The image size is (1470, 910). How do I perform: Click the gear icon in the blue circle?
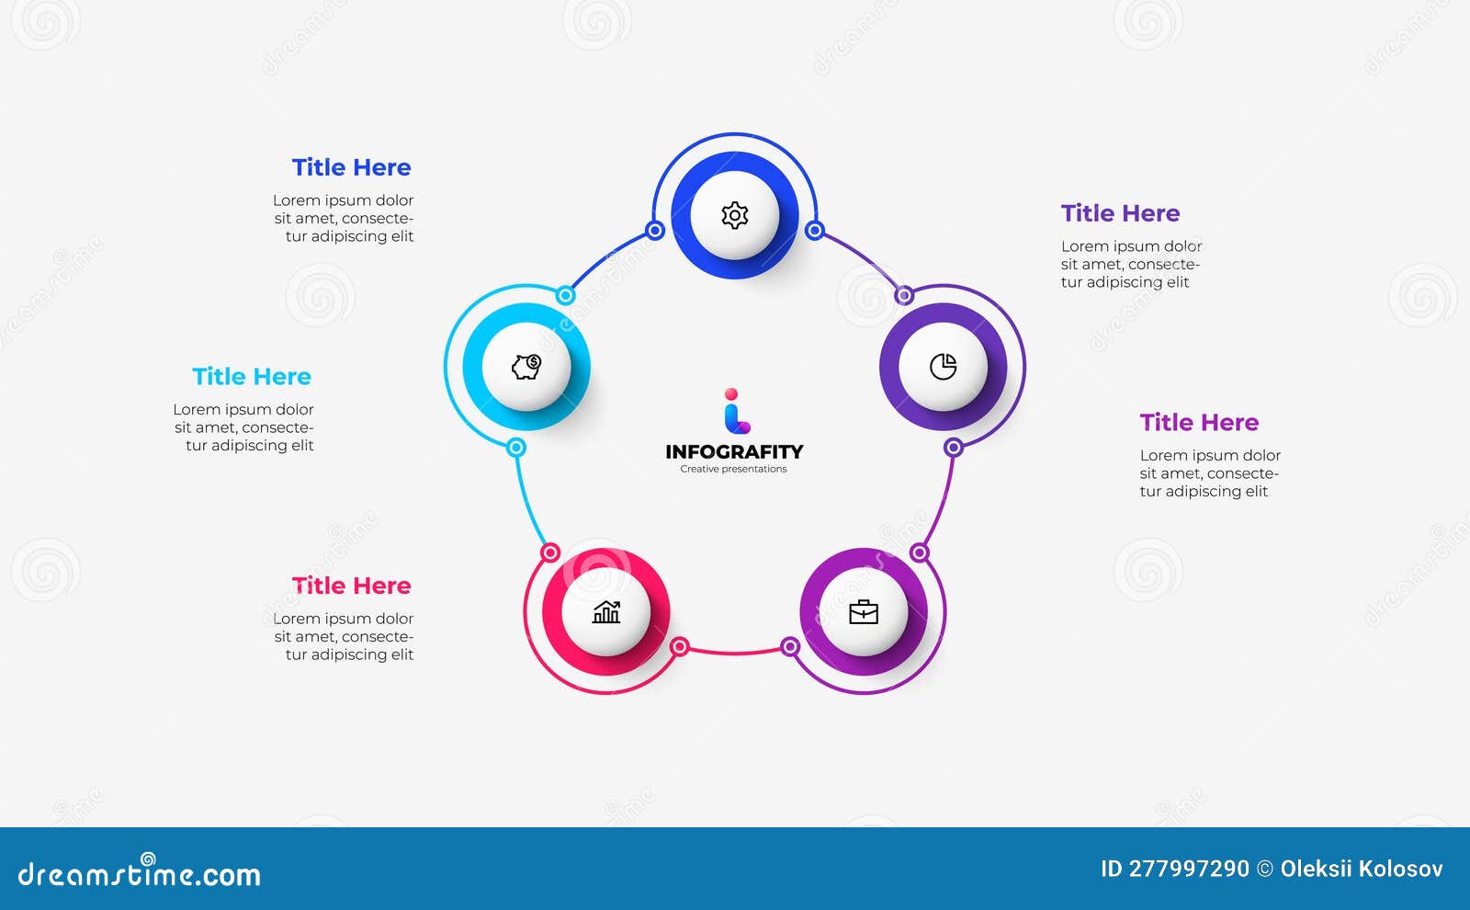(x=734, y=215)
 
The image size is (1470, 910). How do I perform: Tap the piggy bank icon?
(x=526, y=367)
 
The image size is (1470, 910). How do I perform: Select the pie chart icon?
(x=943, y=367)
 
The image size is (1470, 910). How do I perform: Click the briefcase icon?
(x=864, y=612)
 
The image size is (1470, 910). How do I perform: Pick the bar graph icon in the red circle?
(x=606, y=612)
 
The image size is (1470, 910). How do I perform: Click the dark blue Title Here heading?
(x=352, y=167)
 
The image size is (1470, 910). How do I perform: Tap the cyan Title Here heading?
(x=252, y=377)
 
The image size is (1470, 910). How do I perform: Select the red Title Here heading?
(x=352, y=586)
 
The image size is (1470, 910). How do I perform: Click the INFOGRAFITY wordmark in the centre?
(x=734, y=451)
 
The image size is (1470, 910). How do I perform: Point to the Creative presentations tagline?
(x=734, y=469)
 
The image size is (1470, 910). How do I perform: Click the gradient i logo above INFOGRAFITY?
(x=736, y=411)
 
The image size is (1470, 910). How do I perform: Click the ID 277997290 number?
(x=1175, y=869)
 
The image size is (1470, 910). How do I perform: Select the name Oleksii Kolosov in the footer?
(x=1362, y=869)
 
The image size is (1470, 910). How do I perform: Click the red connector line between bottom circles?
(x=735, y=652)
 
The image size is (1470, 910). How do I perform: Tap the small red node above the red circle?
(x=550, y=552)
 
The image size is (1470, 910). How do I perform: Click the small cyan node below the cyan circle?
(x=516, y=448)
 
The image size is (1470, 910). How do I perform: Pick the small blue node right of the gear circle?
(x=814, y=231)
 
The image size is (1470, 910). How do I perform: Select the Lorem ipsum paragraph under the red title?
(x=344, y=636)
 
